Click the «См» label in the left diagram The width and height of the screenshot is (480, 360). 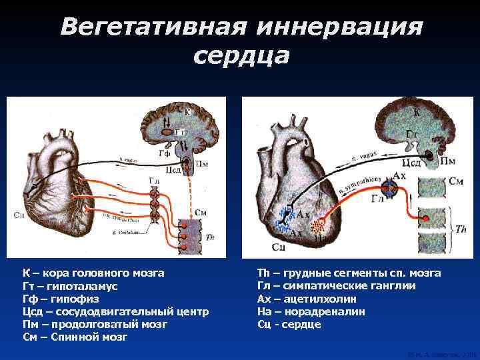200,212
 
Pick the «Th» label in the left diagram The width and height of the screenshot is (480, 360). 211,237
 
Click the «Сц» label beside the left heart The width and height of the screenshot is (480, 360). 17,215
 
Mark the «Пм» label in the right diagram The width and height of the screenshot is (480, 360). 448,162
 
